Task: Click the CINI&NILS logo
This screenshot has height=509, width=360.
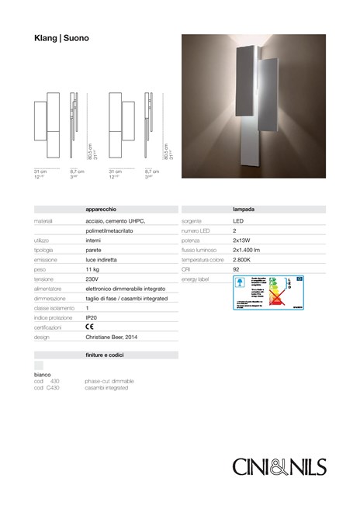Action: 280,466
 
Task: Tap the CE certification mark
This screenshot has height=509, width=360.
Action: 90,328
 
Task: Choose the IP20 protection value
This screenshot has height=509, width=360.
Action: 91,318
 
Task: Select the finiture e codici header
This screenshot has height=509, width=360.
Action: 107,355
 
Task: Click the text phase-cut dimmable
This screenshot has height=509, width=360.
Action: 109,383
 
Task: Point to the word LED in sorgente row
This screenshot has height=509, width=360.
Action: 238,220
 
